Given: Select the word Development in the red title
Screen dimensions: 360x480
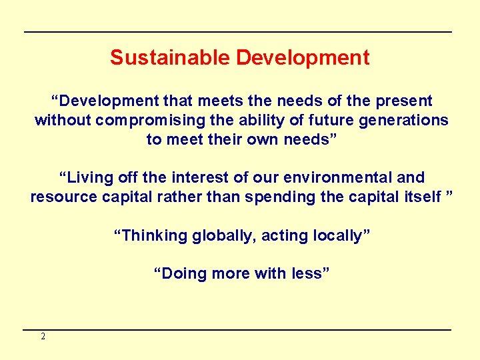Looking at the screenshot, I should click(302, 58).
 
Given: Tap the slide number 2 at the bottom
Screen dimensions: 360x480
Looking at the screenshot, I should click(43, 337).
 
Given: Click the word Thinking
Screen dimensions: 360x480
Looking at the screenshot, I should click(151, 236).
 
